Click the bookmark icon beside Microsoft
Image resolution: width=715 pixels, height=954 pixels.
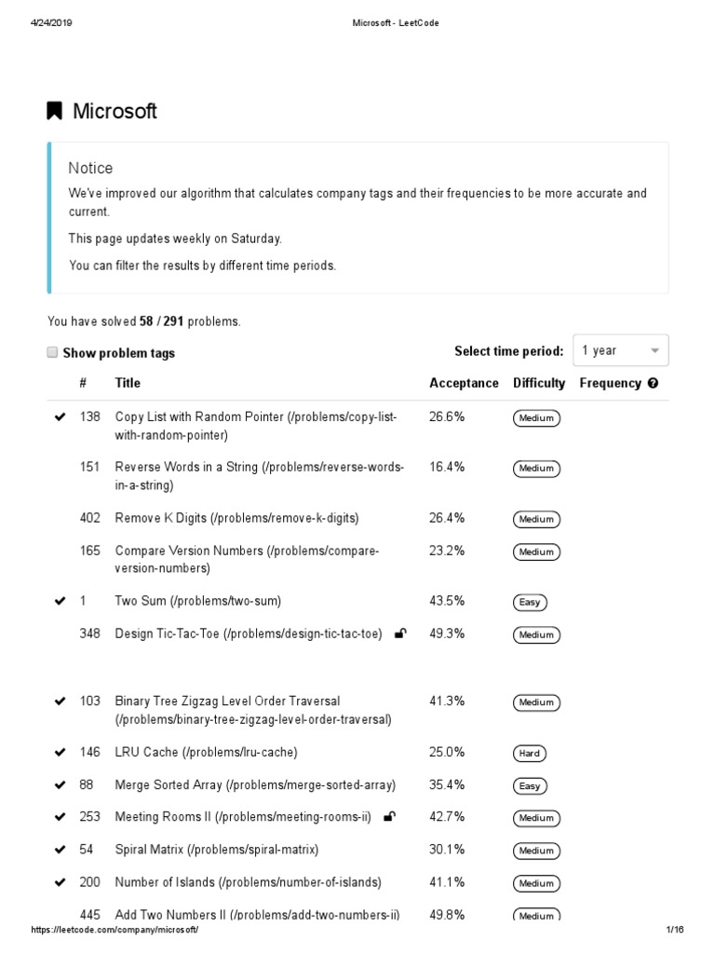pos(55,112)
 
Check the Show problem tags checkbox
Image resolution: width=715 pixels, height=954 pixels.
pos(52,352)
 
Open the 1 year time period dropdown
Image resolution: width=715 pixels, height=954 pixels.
pos(620,350)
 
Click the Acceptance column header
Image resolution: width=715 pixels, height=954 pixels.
pos(464,383)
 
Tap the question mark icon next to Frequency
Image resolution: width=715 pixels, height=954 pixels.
pos(653,383)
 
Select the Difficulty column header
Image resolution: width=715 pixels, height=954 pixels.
pos(538,383)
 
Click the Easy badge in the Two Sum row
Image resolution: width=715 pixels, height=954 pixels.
pos(530,602)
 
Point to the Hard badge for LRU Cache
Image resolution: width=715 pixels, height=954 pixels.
pos(530,753)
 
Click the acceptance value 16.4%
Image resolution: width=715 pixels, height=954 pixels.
pos(447,467)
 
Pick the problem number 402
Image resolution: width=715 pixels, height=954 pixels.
pos(90,518)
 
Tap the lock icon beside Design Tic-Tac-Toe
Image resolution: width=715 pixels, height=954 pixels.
pos(400,634)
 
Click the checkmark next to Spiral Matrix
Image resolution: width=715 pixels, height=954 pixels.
pos(61,851)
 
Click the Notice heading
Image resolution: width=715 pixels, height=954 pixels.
pos(90,169)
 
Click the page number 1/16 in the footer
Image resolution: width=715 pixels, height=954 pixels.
pos(675,931)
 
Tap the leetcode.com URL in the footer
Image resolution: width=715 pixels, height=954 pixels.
pos(115,931)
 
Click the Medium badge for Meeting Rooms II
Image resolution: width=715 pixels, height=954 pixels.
pos(536,818)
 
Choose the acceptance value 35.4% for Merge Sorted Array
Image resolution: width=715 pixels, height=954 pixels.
pos(447,785)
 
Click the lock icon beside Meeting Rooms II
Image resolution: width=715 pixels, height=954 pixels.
pos(389,818)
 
